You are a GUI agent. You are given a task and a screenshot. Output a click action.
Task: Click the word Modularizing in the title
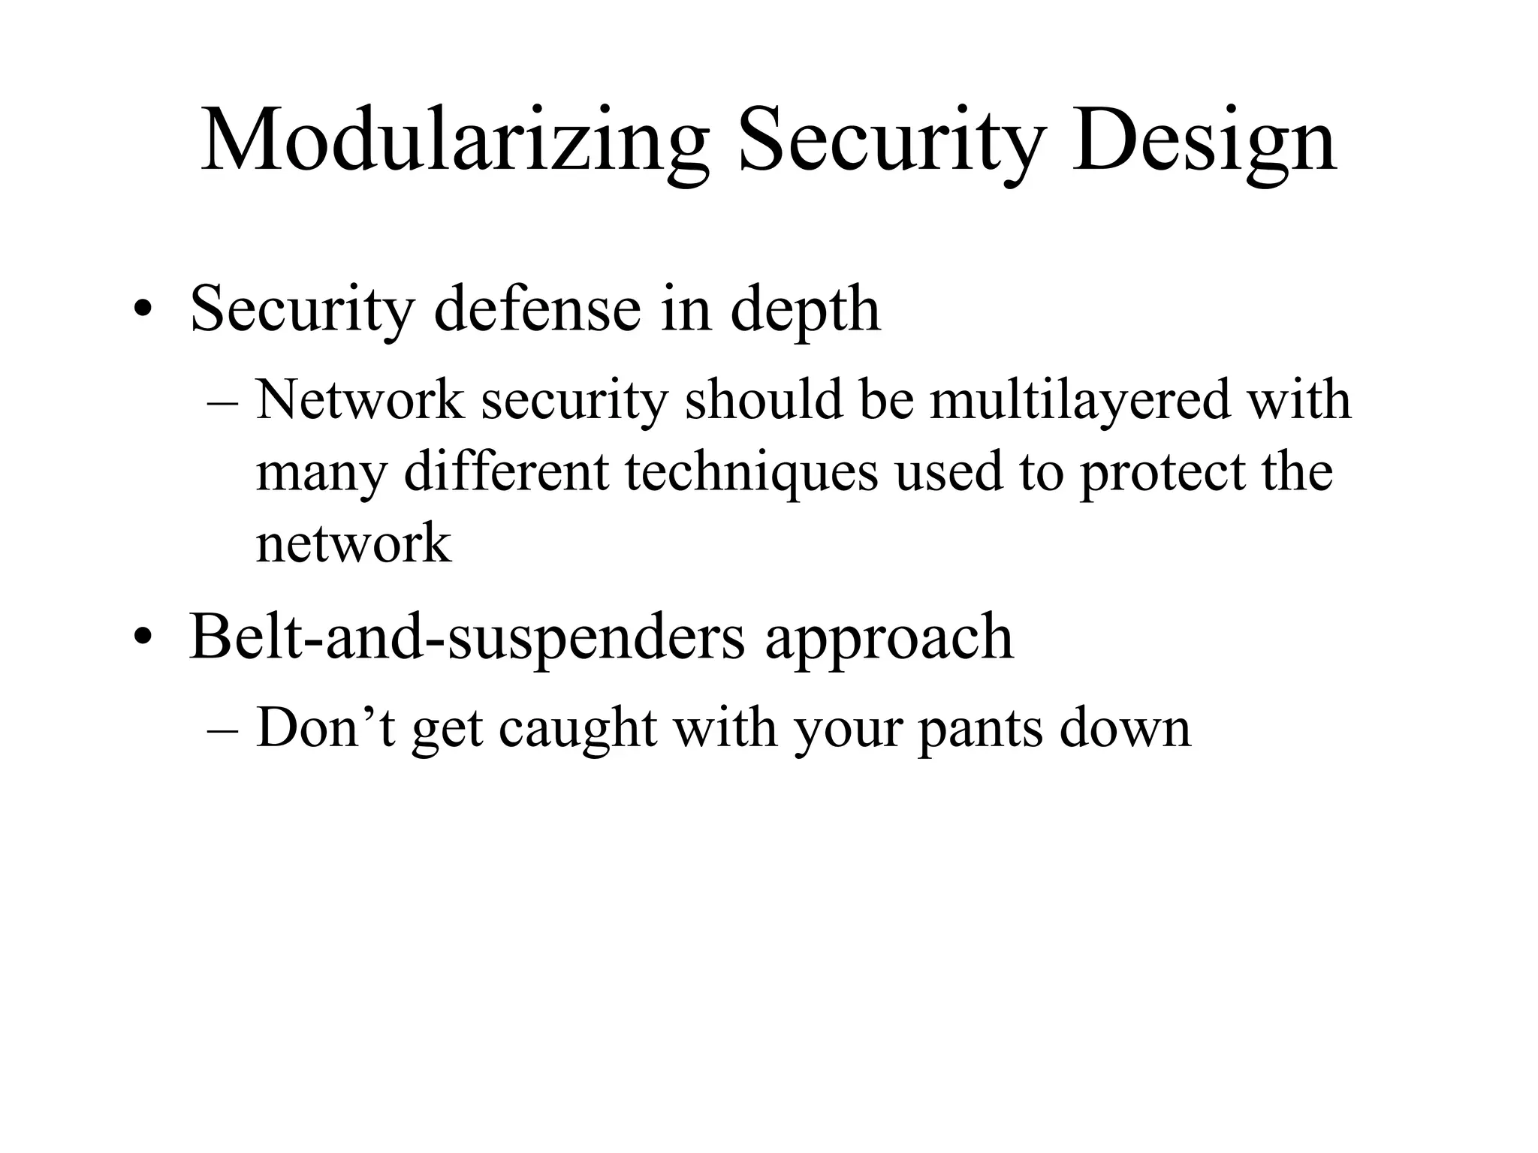tap(454, 140)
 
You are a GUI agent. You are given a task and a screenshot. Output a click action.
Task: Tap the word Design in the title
tap(1204, 140)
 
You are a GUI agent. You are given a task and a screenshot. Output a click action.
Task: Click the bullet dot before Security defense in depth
tap(143, 311)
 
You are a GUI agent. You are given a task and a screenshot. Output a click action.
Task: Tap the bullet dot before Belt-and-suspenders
tap(143, 639)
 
